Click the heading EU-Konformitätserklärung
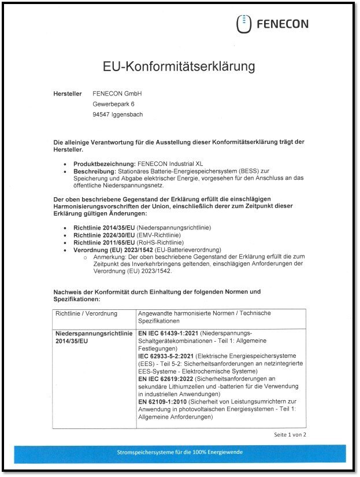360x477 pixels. (179, 66)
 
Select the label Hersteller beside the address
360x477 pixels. (67, 94)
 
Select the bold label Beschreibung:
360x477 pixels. (95, 172)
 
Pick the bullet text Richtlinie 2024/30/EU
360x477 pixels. (104, 235)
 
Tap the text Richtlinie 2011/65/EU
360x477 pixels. (104, 243)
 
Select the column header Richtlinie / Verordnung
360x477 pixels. (86, 313)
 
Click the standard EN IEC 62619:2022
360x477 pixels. (167, 378)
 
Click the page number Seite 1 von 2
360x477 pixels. (290, 434)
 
